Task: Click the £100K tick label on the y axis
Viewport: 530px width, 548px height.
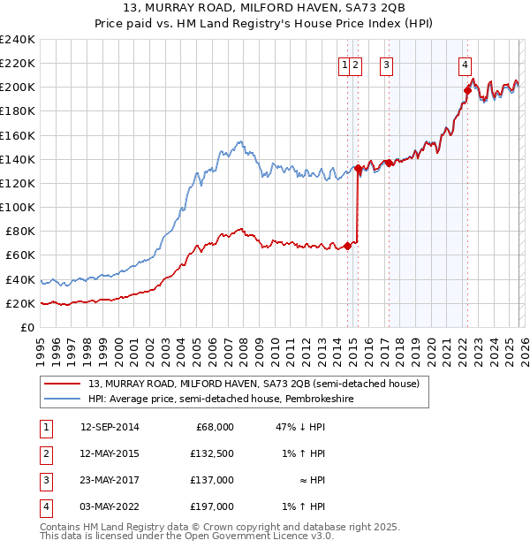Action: point(17,207)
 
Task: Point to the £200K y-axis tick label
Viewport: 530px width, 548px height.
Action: point(17,87)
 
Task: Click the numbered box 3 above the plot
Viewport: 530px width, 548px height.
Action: point(387,64)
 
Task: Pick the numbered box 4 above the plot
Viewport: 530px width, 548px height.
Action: point(465,64)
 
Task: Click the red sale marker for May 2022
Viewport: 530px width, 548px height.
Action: point(467,89)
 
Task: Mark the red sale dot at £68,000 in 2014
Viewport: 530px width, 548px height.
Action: point(347,246)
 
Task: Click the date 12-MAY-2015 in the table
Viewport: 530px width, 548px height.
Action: point(110,453)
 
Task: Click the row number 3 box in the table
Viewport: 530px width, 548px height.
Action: point(44,480)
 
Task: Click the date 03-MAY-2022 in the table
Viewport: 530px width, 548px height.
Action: point(110,506)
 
